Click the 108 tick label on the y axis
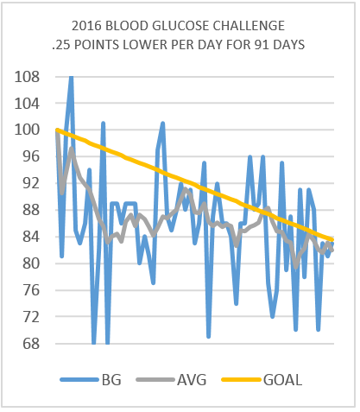pos(27,77)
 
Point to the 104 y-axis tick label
pos(27,104)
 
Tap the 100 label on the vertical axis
pos(27,130)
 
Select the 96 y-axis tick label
pos(31,156)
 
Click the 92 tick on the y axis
pos(31,183)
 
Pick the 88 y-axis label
pos(31,210)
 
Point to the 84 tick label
pos(31,237)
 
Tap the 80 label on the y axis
pos(31,263)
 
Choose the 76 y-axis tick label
pos(31,290)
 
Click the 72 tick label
pos(31,317)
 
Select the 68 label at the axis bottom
pos(31,344)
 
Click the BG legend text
pos(111,380)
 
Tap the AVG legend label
pos(192,380)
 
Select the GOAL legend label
pos(283,380)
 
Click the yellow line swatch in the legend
pos(241,380)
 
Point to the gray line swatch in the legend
pos(155,380)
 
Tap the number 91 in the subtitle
pos(262,45)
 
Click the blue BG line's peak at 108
pos(71,77)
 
